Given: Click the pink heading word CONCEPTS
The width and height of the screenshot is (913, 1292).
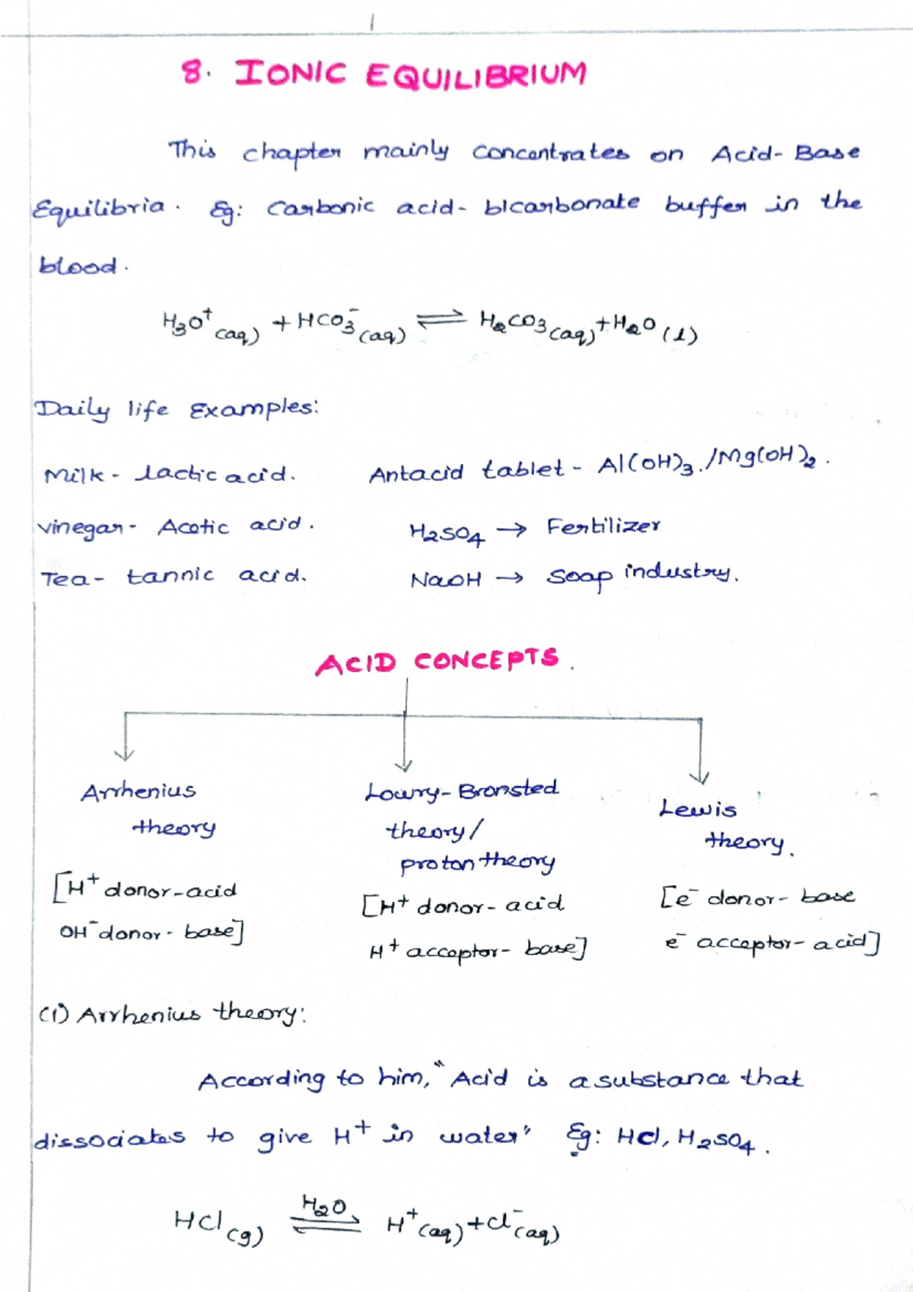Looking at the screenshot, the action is (486, 660).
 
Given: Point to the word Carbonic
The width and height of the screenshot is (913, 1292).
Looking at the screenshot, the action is (320, 207).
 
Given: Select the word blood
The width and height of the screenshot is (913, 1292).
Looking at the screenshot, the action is (78, 266).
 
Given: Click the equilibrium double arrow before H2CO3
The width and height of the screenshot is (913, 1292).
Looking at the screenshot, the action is (440, 319).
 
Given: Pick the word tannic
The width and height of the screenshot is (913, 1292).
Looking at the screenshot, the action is (170, 575).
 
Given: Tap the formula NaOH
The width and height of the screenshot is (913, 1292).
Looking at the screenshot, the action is (445, 579).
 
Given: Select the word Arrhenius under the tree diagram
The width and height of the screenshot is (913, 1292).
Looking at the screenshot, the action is (138, 791).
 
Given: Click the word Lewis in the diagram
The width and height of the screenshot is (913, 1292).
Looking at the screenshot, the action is (698, 808).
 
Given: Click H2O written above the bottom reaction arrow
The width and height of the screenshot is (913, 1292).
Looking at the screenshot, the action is (324, 1205).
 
